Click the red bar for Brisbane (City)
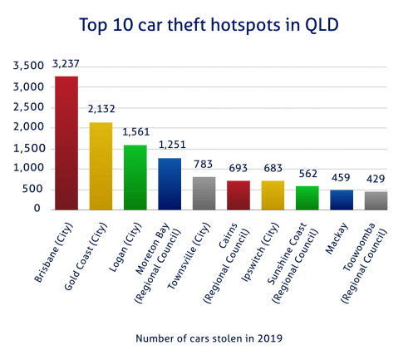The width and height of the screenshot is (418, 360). [x=66, y=143]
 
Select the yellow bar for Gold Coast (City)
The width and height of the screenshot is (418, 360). [x=101, y=166]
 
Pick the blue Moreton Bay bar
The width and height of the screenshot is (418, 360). [x=170, y=184]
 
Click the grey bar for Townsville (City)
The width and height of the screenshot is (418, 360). [x=204, y=193]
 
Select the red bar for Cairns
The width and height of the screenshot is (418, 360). [x=239, y=195]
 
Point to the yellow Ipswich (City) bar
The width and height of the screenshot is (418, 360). [x=273, y=195]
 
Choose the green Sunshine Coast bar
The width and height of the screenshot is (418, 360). [x=307, y=197]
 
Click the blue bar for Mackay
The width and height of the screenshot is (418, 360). [x=342, y=200]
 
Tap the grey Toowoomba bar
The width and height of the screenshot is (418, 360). [x=376, y=200]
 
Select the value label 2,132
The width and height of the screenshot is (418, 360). [x=101, y=109]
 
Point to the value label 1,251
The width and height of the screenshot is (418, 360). [x=170, y=145]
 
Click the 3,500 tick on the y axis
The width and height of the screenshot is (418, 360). [x=27, y=67]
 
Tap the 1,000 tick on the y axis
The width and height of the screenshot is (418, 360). [x=27, y=168]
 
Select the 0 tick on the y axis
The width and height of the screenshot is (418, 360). [x=38, y=209]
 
